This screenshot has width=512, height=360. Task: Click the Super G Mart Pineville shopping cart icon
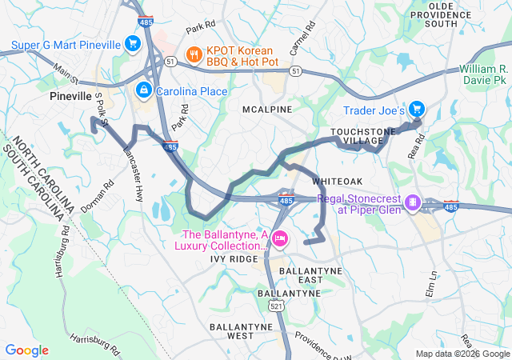[134, 42]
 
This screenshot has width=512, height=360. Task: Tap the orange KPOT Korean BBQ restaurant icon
[193, 54]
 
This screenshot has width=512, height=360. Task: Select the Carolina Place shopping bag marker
[143, 90]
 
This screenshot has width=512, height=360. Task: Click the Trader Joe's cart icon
[416, 110]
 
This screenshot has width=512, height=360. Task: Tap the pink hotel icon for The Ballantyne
[280, 238]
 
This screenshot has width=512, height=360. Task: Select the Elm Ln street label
[433, 285]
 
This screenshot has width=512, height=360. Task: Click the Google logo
[27, 350]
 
